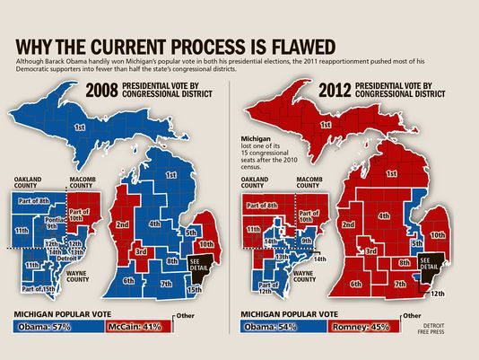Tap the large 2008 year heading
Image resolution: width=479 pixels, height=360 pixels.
coord(105,91)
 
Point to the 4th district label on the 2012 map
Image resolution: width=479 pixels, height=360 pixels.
coord(382,215)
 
